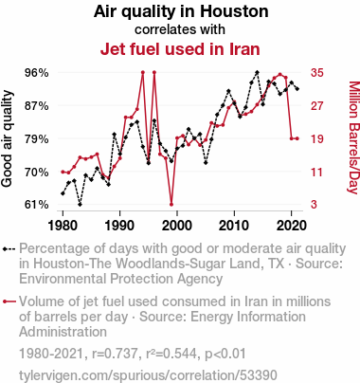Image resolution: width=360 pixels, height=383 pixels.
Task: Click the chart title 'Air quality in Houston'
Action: [x=181, y=11]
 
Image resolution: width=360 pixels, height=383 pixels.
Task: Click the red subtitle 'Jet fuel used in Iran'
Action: [x=180, y=49]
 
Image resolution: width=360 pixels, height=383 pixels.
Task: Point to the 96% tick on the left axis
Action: [x=37, y=73]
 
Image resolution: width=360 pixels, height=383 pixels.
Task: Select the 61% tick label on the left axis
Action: [x=37, y=205]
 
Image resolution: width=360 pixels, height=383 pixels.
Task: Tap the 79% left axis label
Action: [x=37, y=138]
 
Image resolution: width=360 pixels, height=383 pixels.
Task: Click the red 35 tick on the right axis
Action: [x=317, y=73]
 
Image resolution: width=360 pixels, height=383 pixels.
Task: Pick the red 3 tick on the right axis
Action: [x=314, y=205]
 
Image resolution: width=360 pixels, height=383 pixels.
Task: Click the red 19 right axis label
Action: [x=317, y=138]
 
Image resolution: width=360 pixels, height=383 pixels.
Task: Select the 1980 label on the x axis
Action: [x=63, y=226]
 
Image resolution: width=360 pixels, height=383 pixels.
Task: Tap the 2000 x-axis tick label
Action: [x=177, y=226]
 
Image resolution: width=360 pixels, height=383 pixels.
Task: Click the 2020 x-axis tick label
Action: [x=291, y=226]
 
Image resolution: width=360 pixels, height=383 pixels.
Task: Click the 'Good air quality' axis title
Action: [x=7, y=138]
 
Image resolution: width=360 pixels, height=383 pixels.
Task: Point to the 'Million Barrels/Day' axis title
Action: [x=353, y=137]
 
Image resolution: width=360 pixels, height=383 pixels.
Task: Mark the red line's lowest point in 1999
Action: [x=171, y=205]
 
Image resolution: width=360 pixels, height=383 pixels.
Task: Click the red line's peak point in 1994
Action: [x=143, y=72]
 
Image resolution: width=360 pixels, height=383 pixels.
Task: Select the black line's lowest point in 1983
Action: [x=80, y=205]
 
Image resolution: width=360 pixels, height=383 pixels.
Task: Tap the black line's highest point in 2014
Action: [x=257, y=72]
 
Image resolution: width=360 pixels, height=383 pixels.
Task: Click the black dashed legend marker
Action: [x=9, y=249]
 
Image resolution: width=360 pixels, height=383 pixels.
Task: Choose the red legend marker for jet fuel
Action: [x=9, y=301]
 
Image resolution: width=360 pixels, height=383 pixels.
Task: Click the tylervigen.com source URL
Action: [x=148, y=375]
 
